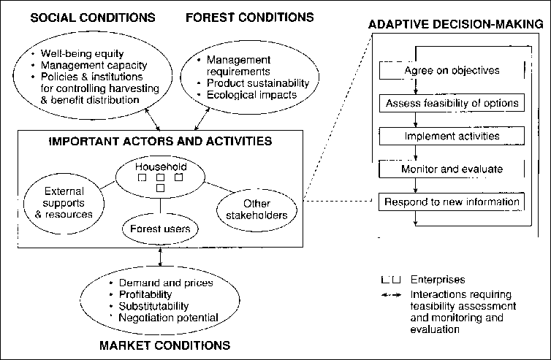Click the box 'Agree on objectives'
click(x=452, y=71)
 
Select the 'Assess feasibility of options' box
click(x=452, y=103)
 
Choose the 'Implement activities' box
click(x=452, y=136)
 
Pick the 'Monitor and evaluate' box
click(x=452, y=169)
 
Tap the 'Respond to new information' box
click(x=452, y=201)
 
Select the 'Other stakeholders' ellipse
click(x=255, y=209)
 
